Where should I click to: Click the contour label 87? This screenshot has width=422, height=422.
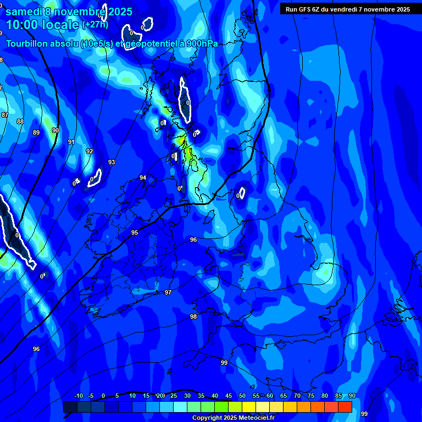coord(5,114)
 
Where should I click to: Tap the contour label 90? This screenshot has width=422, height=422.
coord(55,130)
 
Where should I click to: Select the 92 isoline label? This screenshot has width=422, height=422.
coord(89,151)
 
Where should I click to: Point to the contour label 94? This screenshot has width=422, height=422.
coord(143,177)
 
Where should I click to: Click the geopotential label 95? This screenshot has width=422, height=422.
coord(135,232)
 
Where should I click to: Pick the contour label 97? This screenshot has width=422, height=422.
coord(168,292)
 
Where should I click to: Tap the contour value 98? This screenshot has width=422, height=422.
coord(193,316)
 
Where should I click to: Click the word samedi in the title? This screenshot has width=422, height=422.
coord(24,12)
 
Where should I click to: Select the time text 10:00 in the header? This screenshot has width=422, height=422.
coord(24,25)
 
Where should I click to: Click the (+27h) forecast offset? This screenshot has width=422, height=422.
coord(96,25)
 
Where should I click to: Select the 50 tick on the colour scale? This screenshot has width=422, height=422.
coord(242,396)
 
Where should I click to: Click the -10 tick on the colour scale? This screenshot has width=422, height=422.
coord(78,396)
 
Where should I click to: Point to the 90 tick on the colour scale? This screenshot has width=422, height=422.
coord(352,396)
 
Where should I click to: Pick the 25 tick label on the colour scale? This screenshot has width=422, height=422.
coord(174,396)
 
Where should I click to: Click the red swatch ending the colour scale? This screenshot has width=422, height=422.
coord(345,407)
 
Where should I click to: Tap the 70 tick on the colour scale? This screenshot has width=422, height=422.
coord(297,396)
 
